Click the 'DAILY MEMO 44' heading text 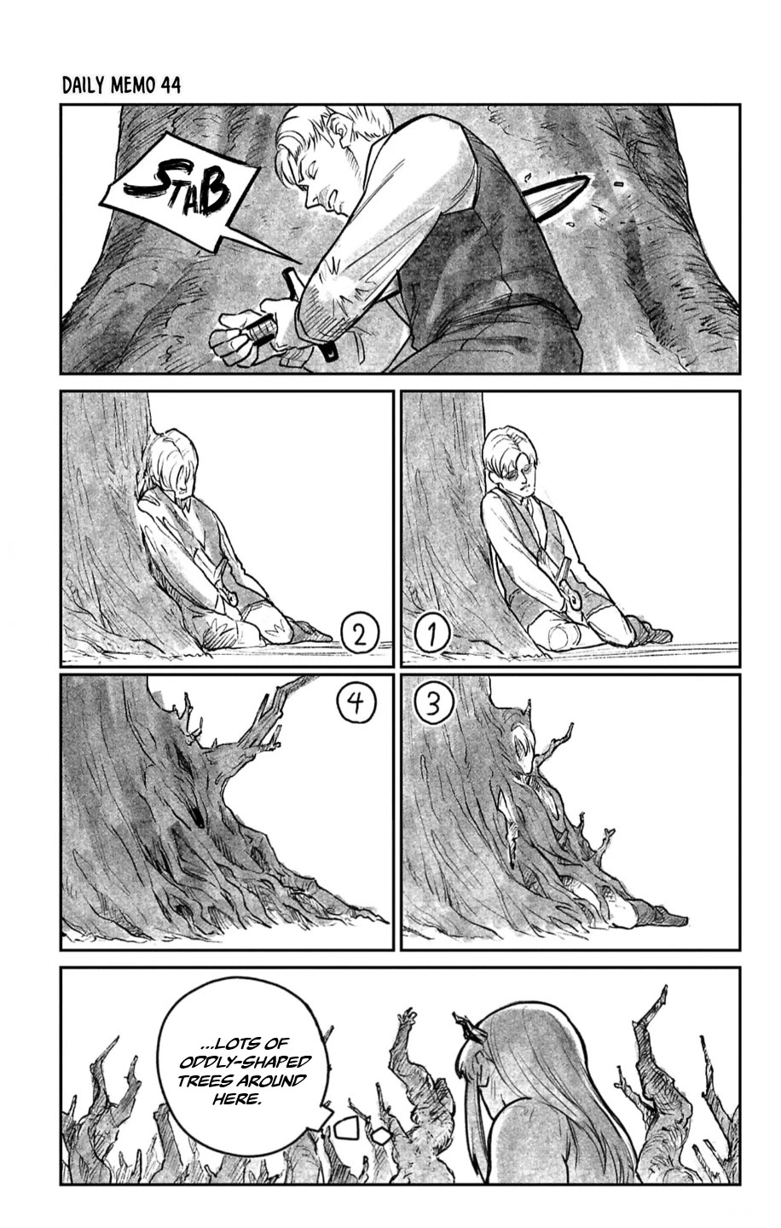click(121, 86)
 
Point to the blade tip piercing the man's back click(558, 193)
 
